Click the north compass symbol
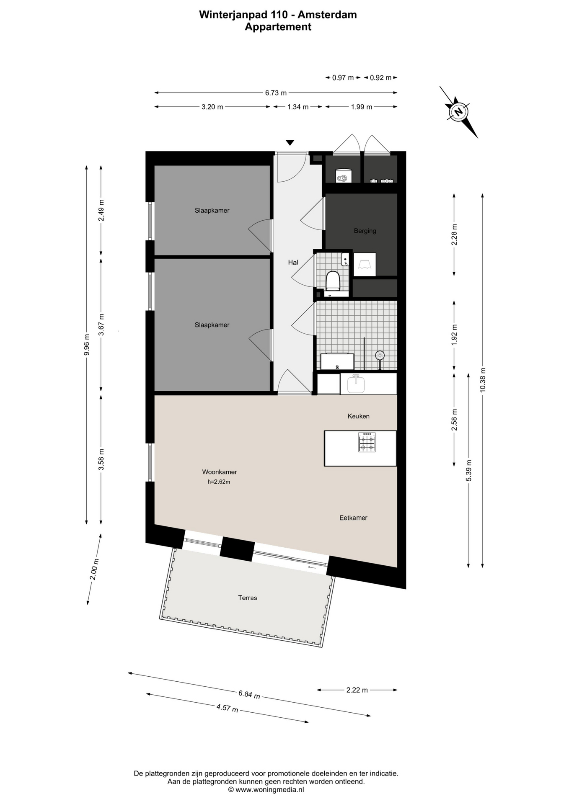point(458,112)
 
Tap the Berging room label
point(365,231)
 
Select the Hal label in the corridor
point(293,263)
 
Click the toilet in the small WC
point(333,281)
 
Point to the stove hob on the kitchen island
point(367,442)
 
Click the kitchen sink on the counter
point(356,384)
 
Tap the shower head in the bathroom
point(380,356)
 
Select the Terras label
point(248,598)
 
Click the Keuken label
point(358,416)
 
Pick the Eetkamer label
point(353,518)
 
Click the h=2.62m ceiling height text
point(219,482)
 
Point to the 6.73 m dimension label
point(276,93)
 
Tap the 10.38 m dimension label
point(483,380)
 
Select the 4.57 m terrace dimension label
point(227,708)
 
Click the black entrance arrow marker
point(290,143)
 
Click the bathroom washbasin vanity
point(337,361)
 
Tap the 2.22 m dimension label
point(357,690)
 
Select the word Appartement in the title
point(278,27)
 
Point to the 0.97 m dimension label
point(343,77)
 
